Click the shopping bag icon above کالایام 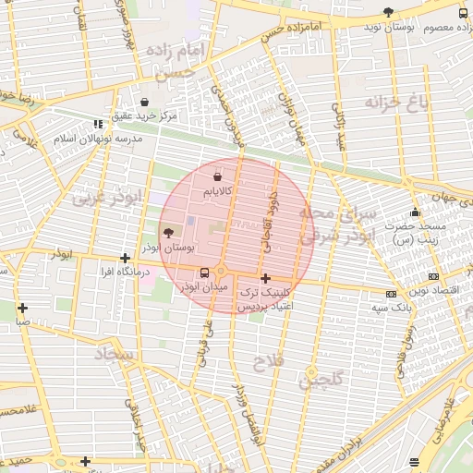pos(217,176)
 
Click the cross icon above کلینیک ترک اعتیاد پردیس pos(265,278)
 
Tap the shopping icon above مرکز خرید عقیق pos(144,102)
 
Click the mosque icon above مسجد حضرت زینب pos(415,212)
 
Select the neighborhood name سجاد pos(115,354)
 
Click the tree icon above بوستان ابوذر pos(167,233)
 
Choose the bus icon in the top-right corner pos(464,13)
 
